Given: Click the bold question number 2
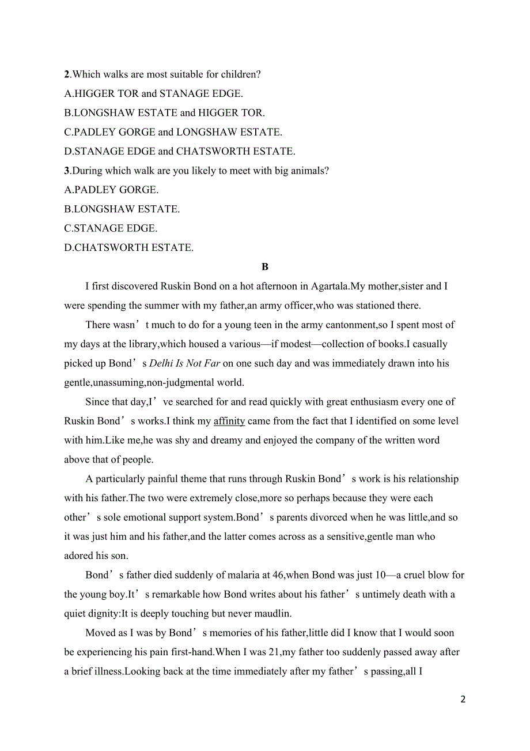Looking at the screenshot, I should click(67, 74).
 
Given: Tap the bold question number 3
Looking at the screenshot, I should click(67, 171).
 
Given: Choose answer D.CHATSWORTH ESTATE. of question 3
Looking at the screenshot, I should click(128, 248).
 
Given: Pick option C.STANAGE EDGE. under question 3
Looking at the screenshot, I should click(111, 228).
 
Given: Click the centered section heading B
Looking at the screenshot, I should click(265, 267).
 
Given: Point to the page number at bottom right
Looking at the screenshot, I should click(463, 700).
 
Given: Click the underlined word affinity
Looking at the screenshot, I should click(229, 421).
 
